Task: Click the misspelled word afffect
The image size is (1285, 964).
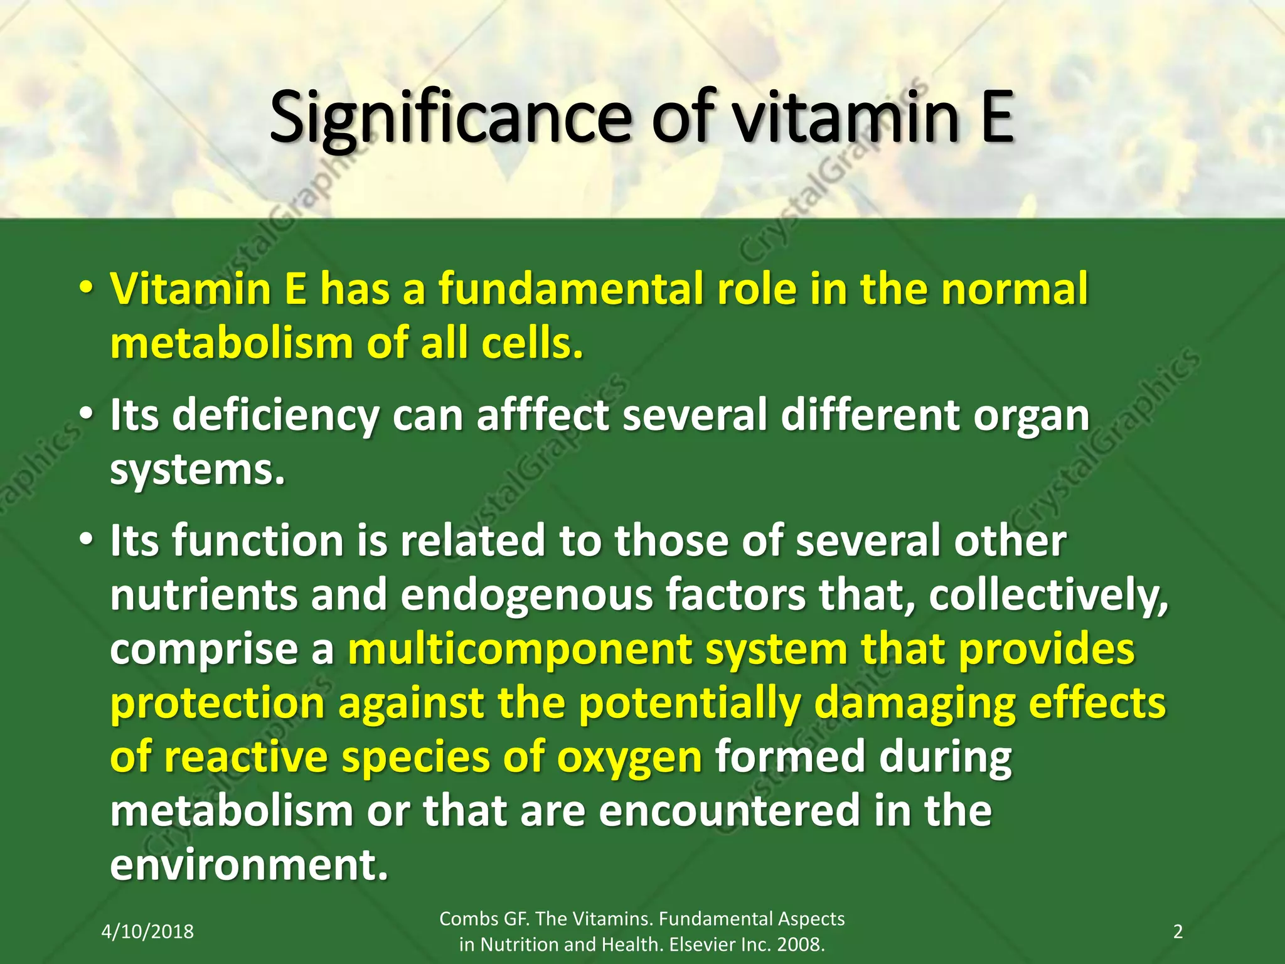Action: (543, 415)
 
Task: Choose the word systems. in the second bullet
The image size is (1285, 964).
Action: (198, 469)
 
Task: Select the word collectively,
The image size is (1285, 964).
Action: (1048, 594)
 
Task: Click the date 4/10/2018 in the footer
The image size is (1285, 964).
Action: (147, 931)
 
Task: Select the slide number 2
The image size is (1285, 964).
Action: (1178, 931)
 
